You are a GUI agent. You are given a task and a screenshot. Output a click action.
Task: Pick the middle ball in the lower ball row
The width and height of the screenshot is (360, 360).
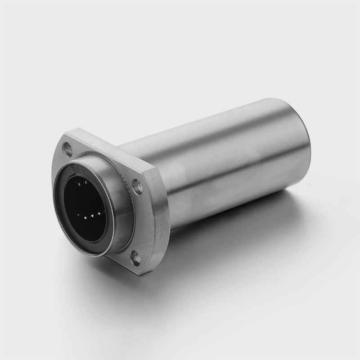click(92, 216)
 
